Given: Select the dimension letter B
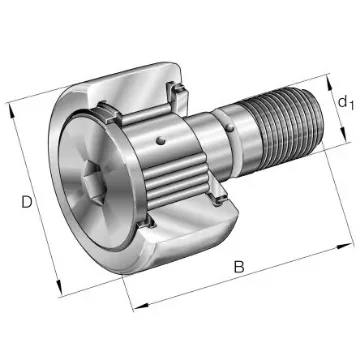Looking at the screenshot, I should [239, 267].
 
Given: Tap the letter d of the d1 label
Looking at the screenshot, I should [341, 100].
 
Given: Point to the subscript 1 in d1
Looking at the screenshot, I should [350, 106].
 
